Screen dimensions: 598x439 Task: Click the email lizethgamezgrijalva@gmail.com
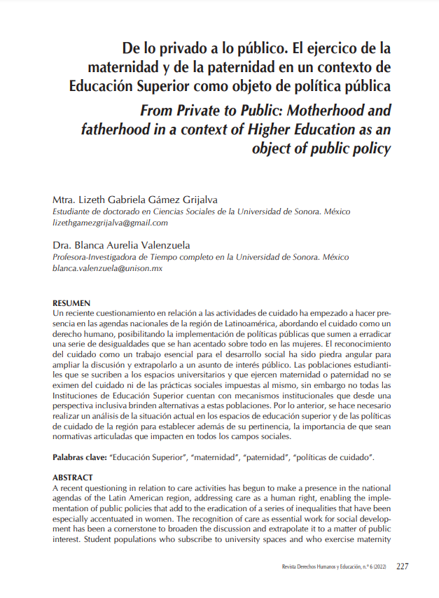click(110, 223)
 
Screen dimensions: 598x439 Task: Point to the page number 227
click(403, 566)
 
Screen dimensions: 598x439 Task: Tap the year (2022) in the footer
click(379, 566)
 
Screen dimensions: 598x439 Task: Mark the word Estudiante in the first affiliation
click(75, 211)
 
